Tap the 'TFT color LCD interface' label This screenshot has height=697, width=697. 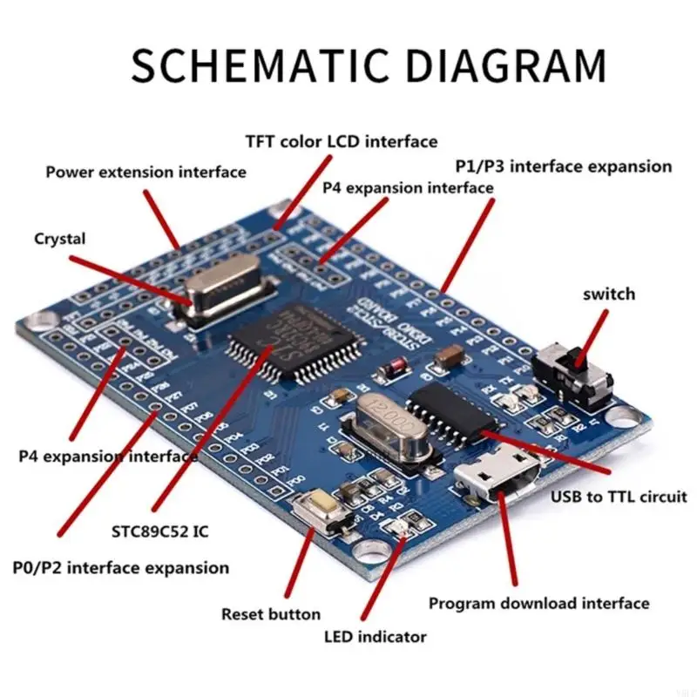pos(341,141)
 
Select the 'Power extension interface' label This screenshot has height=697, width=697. pos(145,172)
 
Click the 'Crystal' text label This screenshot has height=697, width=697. pos(60,238)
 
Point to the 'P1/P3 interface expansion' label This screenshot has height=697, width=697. pos(564,166)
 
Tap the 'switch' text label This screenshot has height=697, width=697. pos(608,294)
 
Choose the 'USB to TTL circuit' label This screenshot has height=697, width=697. pos(619,497)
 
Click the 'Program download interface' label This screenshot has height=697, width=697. pos(538,603)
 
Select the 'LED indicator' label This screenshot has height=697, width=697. pos(375,636)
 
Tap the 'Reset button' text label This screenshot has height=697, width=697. pos(271,613)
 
